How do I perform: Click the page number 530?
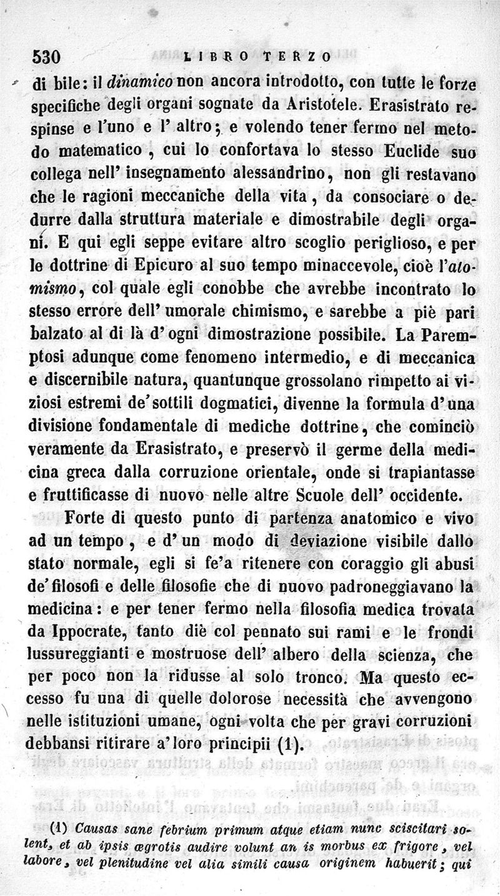46,57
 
